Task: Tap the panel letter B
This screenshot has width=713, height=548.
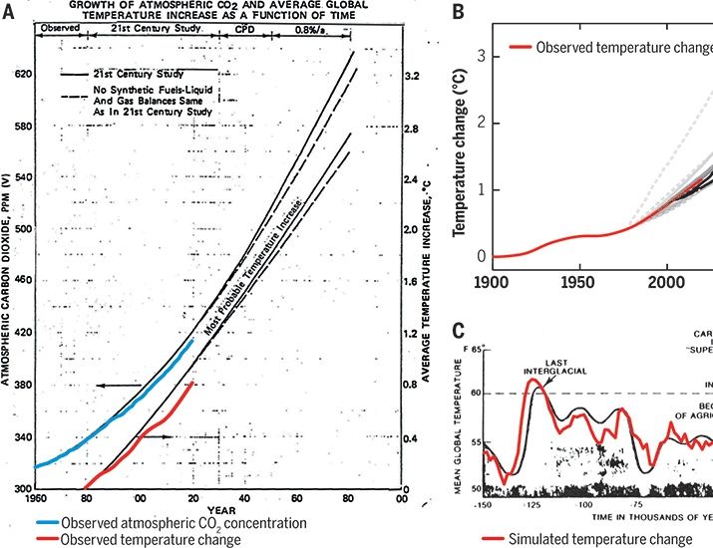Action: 458,12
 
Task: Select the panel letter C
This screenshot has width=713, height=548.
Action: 458,332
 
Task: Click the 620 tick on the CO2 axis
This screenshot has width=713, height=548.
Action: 20,75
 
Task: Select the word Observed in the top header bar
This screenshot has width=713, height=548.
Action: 58,27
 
